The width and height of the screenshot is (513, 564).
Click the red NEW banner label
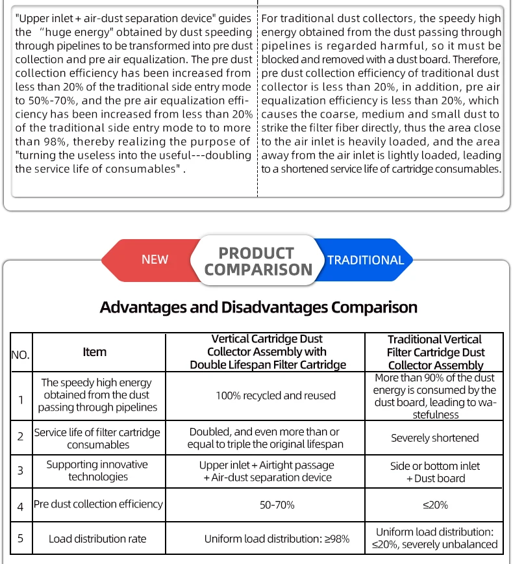click(x=155, y=260)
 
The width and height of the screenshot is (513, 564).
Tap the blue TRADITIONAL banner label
click(x=366, y=260)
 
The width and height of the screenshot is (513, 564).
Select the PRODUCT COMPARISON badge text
click(x=258, y=261)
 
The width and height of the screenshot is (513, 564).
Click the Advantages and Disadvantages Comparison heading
click(x=258, y=307)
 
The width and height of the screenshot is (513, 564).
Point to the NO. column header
click(x=20, y=355)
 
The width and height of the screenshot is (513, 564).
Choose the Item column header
click(x=95, y=352)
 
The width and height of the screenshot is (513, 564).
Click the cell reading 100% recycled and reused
click(x=276, y=395)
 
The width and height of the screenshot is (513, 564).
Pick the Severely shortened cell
click(x=435, y=438)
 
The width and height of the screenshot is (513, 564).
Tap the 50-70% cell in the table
click(x=276, y=505)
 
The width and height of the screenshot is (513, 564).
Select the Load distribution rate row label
click(x=97, y=539)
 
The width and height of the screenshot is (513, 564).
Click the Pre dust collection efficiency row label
click(x=98, y=504)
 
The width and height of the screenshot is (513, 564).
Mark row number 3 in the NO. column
click(x=20, y=470)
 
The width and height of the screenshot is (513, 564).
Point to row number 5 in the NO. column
click(x=20, y=538)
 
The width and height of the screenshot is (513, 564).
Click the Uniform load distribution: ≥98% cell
click(x=277, y=539)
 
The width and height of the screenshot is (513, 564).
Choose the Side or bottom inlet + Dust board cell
click(x=435, y=472)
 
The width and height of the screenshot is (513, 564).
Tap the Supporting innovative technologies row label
click(x=97, y=470)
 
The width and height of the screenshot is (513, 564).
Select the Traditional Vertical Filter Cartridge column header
click(x=435, y=352)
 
